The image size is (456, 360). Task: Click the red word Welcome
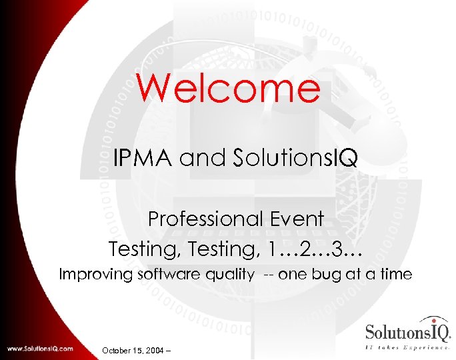point(229,88)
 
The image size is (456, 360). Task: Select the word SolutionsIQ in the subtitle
point(296,158)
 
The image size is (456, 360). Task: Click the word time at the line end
point(397,274)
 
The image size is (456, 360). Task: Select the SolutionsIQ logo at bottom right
point(408,332)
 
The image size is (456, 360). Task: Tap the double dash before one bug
point(268,274)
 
